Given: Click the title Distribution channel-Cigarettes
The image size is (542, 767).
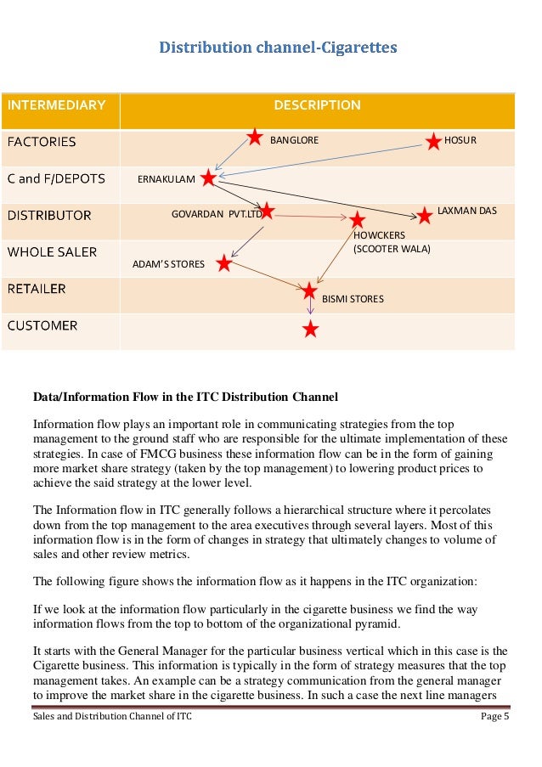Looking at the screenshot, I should coord(278,48).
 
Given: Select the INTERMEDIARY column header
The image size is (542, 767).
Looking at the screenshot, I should coord(57,105).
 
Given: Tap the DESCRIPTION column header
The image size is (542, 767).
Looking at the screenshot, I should coord(317,105).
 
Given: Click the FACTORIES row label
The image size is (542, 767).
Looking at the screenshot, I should coord(42,142).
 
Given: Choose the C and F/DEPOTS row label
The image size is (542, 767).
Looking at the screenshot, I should coord(56,178).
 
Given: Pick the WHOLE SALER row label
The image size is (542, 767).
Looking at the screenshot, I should coord(53,251).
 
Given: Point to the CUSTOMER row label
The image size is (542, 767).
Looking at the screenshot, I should coord(42,325).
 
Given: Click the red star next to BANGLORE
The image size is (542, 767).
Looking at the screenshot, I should coord(254,137).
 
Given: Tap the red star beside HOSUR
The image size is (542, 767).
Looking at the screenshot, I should coord(433,140).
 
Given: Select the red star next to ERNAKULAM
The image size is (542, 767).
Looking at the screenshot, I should coord(208,178).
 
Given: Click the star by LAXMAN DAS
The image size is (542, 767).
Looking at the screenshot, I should coord(425,216).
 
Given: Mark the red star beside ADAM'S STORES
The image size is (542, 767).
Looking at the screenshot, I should coord(223,263).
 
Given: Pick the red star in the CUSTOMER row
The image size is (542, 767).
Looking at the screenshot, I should coord(311,329).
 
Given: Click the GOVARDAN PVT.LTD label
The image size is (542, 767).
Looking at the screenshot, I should coord(217,215).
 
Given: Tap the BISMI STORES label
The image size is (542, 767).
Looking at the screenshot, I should coord(353,299).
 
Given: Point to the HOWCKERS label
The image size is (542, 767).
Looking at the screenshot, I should coord(380,235).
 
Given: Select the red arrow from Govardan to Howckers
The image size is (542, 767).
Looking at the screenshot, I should coord(311,217).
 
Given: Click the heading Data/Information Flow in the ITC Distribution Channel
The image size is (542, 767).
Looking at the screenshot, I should coord(185,397).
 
